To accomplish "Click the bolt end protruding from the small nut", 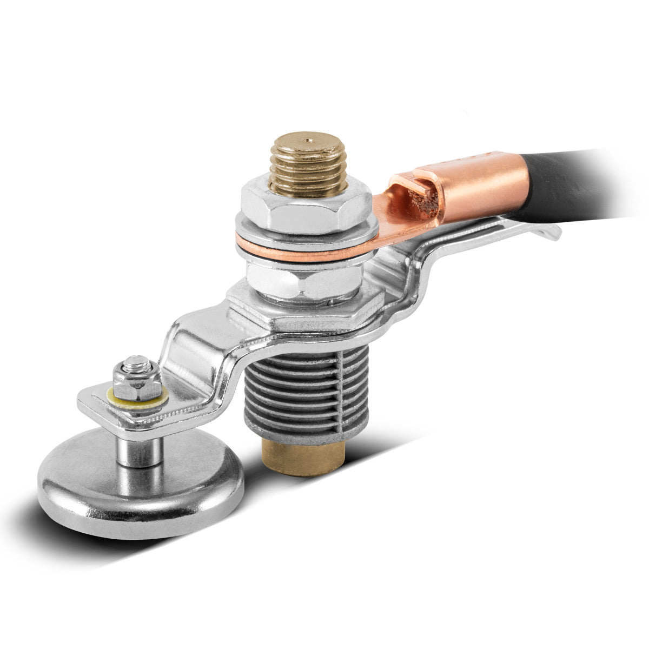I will [x=140, y=361].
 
